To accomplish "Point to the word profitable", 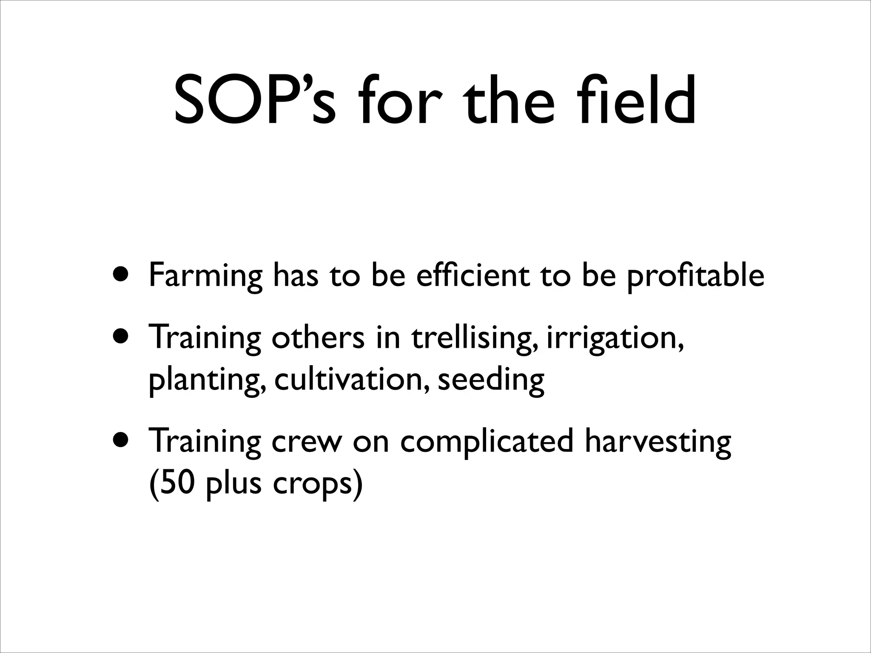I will pyautogui.click(x=696, y=276).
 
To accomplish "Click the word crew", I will pyautogui.click(x=307, y=442).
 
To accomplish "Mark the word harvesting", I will pyautogui.click(x=658, y=442).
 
